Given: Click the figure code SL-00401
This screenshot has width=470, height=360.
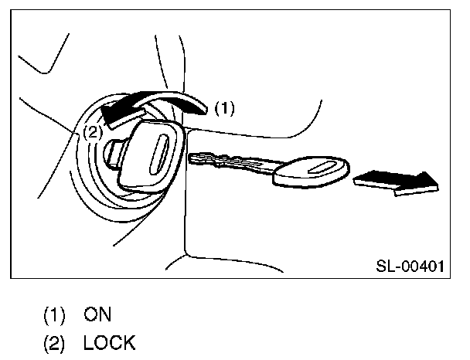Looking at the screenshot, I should [x=409, y=267].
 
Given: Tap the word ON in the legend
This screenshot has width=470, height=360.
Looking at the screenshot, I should [x=98, y=314].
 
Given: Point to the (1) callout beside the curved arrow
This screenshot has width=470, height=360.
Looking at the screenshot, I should [x=223, y=108].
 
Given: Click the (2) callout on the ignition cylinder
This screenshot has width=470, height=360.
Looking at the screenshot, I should [x=91, y=132].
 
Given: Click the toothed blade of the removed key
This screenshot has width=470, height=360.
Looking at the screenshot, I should [x=232, y=161].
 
